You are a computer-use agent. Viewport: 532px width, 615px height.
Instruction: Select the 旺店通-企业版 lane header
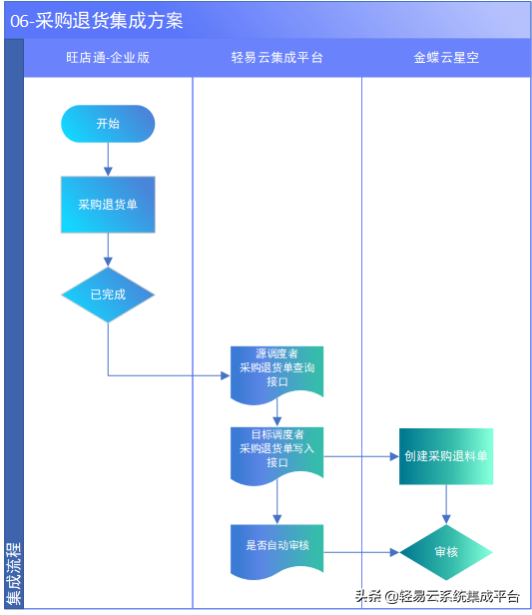coord(108,58)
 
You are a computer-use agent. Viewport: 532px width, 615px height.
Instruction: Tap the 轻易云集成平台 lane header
coord(276,58)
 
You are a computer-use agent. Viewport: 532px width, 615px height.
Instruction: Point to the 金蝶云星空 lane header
coord(446,58)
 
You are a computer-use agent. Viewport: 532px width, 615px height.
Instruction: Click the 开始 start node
coord(108,124)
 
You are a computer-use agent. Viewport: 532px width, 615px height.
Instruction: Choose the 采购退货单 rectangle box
coord(108,205)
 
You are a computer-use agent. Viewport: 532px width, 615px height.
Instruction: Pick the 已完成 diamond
coord(108,295)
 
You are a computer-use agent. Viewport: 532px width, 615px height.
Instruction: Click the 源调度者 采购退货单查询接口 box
coord(276,368)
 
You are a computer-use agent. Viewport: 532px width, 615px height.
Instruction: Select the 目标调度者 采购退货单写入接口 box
coord(276,449)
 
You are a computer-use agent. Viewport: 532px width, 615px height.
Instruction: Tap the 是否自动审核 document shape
coord(276,547)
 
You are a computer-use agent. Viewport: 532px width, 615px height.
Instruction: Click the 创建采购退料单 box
coord(446,456)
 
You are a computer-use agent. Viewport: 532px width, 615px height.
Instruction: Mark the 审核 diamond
coord(446,552)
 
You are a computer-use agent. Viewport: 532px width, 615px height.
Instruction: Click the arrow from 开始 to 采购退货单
coord(108,160)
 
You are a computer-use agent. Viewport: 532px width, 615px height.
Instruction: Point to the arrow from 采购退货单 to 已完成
coord(108,250)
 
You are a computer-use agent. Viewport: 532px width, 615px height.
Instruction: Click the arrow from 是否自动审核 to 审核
coord(361,552)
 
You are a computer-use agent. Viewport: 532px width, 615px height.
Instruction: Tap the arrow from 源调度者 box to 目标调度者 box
coord(276,412)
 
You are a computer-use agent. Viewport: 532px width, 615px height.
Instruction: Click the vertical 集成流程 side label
coord(13,573)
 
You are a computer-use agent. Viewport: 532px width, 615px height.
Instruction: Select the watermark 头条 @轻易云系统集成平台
coord(436,596)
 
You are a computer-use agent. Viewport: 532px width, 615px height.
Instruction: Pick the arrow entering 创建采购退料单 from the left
coord(361,456)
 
